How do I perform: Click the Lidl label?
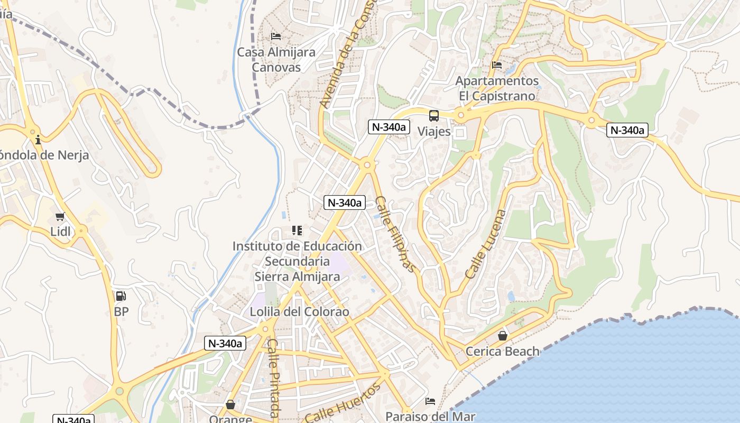(60, 231)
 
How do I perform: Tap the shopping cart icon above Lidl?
(60, 216)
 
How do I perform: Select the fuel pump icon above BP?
(121, 296)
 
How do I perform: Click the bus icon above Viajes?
(434, 115)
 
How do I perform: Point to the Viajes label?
(434, 131)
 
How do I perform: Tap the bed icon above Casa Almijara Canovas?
(276, 36)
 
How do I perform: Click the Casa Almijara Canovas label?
(276, 60)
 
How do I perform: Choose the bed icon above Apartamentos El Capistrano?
(497, 65)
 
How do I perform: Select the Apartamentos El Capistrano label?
(497, 88)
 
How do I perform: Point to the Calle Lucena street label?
(486, 244)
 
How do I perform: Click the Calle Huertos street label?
(343, 403)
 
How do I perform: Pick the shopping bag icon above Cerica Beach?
(503, 335)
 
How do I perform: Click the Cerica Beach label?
(503, 351)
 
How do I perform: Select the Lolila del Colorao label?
(300, 312)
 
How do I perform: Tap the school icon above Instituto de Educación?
(297, 231)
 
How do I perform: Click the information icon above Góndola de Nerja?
(38, 140)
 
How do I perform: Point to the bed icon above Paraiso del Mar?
(430, 401)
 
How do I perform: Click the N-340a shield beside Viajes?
(390, 127)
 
